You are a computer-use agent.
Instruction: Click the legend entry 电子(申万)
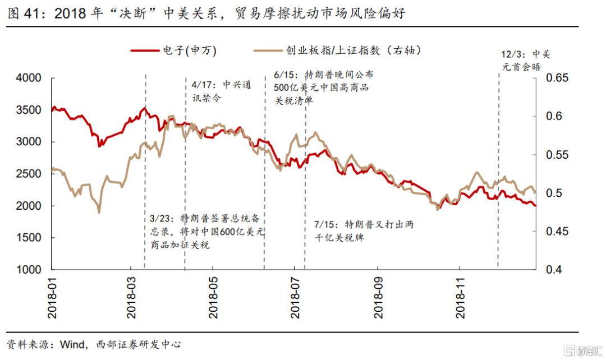[174, 50]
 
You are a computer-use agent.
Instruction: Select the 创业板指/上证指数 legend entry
[337, 50]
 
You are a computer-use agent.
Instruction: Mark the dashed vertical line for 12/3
[498, 168]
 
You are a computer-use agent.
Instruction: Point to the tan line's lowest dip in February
[99, 212]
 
